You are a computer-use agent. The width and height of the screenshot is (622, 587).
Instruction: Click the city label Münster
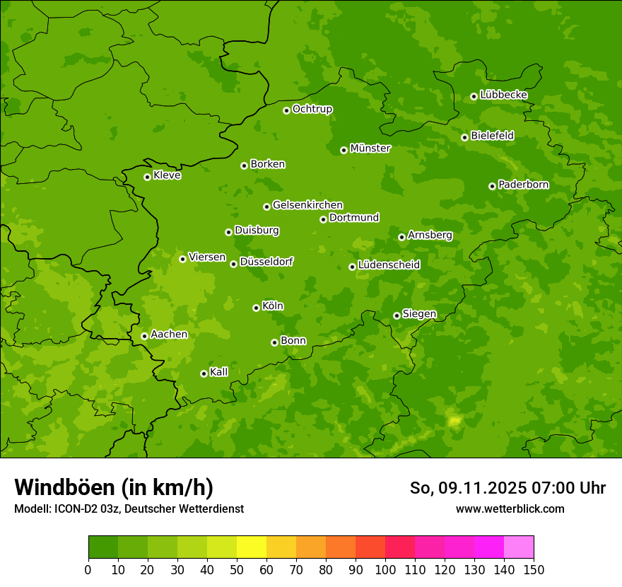coord(370,149)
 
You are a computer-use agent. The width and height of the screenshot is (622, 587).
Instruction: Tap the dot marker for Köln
coord(256,308)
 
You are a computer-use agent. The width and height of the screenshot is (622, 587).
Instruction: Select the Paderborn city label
coord(523,185)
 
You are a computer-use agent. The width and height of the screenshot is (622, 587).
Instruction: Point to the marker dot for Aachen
coord(144,336)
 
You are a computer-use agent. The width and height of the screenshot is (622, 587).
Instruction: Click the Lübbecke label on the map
coord(503,95)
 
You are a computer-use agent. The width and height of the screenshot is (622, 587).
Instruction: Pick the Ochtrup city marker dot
coord(286,110)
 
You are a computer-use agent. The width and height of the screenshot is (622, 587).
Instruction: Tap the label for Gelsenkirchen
coord(307,205)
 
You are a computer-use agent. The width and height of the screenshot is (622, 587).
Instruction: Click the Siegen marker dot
coord(397,315)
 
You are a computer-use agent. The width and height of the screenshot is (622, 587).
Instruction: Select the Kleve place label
coord(167,175)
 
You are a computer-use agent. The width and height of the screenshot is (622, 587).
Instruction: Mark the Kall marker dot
coord(204,373)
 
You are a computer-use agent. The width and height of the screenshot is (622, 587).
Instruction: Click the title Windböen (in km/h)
coord(114,487)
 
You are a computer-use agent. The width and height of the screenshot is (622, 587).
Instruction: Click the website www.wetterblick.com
coord(510,508)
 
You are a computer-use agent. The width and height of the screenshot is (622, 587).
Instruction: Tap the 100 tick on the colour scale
coord(385,569)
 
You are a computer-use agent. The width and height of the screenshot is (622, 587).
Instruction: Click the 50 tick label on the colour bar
coord(237,569)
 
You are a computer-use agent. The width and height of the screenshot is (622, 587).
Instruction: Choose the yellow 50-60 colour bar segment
coord(252,547)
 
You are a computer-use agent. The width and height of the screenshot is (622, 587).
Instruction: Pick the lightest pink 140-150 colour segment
coord(519,547)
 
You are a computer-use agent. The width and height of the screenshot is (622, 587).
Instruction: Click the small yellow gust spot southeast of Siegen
coord(454,421)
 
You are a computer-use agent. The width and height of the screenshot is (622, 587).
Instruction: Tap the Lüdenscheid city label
coord(389,265)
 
